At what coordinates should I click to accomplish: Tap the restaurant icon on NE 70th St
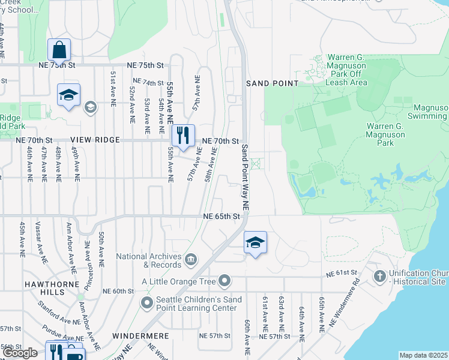click(184, 135)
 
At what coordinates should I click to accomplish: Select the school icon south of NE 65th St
click(255, 242)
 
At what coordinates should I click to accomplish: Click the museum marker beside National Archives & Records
click(190, 259)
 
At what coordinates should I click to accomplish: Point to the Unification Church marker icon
click(379, 276)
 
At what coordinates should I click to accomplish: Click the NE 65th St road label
click(221, 216)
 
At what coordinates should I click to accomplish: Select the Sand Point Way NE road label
click(246, 177)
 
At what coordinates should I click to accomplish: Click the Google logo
click(20, 352)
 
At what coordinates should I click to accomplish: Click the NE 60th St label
click(118, 291)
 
